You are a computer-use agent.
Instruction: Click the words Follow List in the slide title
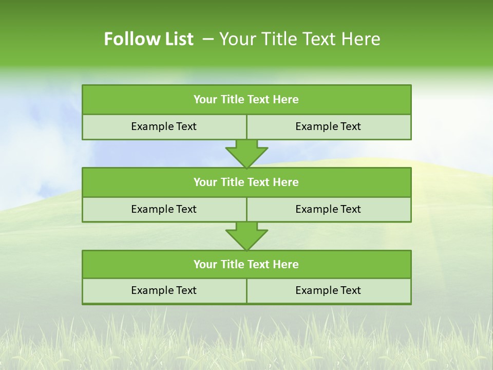pyautogui.click(x=148, y=39)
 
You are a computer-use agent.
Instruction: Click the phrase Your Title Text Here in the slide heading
pyautogui.click(x=299, y=39)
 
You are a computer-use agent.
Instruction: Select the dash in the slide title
pyautogui.click(x=208, y=39)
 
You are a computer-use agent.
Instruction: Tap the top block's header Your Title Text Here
pyautogui.click(x=246, y=100)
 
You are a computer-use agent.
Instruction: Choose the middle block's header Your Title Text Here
pyautogui.click(x=246, y=182)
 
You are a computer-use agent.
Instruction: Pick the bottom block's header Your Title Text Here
pyautogui.click(x=246, y=264)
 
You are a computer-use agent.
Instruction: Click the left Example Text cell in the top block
pyautogui.click(x=164, y=126)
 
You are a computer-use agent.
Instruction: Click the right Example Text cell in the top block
pyautogui.click(x=328, y=126)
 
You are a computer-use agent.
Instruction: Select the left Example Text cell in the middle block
pyautogui.click(x=164, y=209)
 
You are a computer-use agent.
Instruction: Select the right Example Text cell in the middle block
pyautogui.click(x=328, y=209)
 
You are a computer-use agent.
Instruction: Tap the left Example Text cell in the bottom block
pyautogui.click(x=164, y=290)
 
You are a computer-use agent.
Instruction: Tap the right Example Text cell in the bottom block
pyautogui.click(x=328, y=290)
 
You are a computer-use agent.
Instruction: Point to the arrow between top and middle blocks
pyautogui.click(x=246, y=153)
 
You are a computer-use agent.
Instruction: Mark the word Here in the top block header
pyautogui.click(x=286, y=100)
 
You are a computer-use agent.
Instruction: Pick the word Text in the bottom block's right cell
pyautogui.click(x=350, y=290)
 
